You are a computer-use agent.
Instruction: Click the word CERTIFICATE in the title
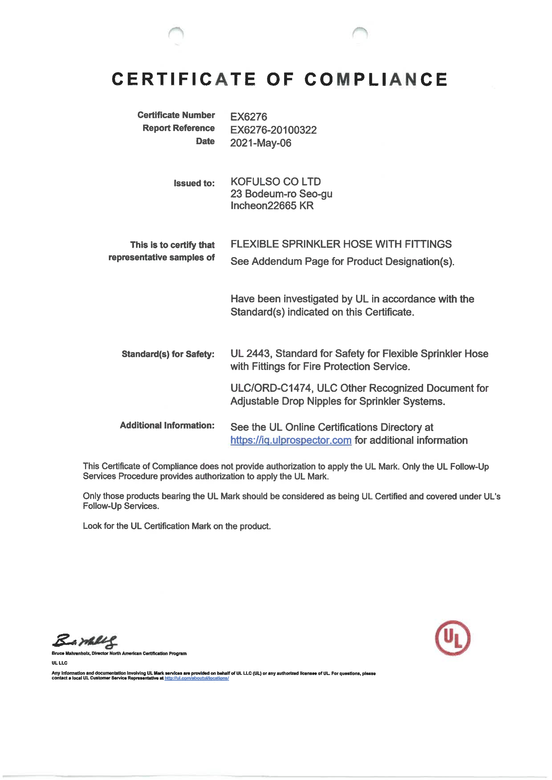(x=184, y=79)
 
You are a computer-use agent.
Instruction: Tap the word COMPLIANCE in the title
(x=376, y=79)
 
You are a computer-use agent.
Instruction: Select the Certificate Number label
(x=176, y=115)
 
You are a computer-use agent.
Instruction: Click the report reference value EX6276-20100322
(x=273, y=130)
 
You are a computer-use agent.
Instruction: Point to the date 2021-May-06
(x=260, y=143)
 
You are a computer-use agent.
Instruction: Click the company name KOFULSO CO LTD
(x=275, y=182)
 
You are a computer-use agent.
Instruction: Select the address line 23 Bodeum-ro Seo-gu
(x=281, y=194)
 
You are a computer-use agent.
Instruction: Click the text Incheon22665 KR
(x=272, y=206)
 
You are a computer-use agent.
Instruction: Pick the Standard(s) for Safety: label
(x=168, y=354)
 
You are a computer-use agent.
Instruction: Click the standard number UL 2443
(x=250, y=354)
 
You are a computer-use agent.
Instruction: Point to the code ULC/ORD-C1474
(x=271, y=388)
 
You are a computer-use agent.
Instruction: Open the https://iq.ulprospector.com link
(x=291, y=440)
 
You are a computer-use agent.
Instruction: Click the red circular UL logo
(x=453, y=638)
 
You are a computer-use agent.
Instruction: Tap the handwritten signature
(x=85, y=641)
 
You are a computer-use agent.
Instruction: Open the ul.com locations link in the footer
(x=197, y=678)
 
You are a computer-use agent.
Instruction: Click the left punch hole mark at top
(x=176, y=34)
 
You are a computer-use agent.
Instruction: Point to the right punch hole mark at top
(x=360, y=34)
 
